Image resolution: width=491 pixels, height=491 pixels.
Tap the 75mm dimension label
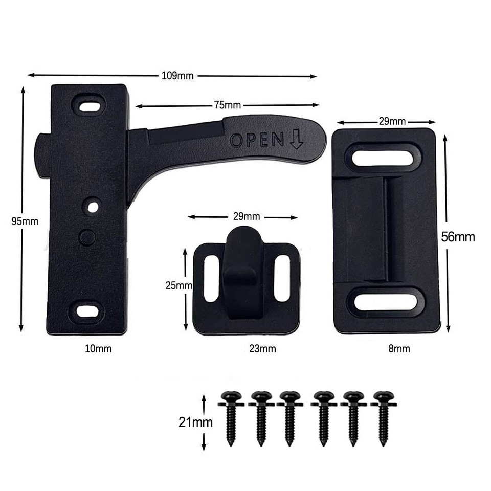pyautogui.click(x=227, y=105)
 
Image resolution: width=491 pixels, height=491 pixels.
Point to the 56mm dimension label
pyautogui.click(x=458, y=237)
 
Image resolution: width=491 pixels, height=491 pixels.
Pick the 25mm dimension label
pyautogui.click(x=178, y=286)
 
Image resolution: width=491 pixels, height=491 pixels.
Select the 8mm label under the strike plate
pyautogui.click(x=399, y=349)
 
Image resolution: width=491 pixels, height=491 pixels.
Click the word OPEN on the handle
pyautogui.click(x=257, y=140)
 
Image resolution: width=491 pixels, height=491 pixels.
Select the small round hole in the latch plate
pyautogui.click(x=92, y=207)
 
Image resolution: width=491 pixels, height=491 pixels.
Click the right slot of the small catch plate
pyautogui.click(x=282, y=278)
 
